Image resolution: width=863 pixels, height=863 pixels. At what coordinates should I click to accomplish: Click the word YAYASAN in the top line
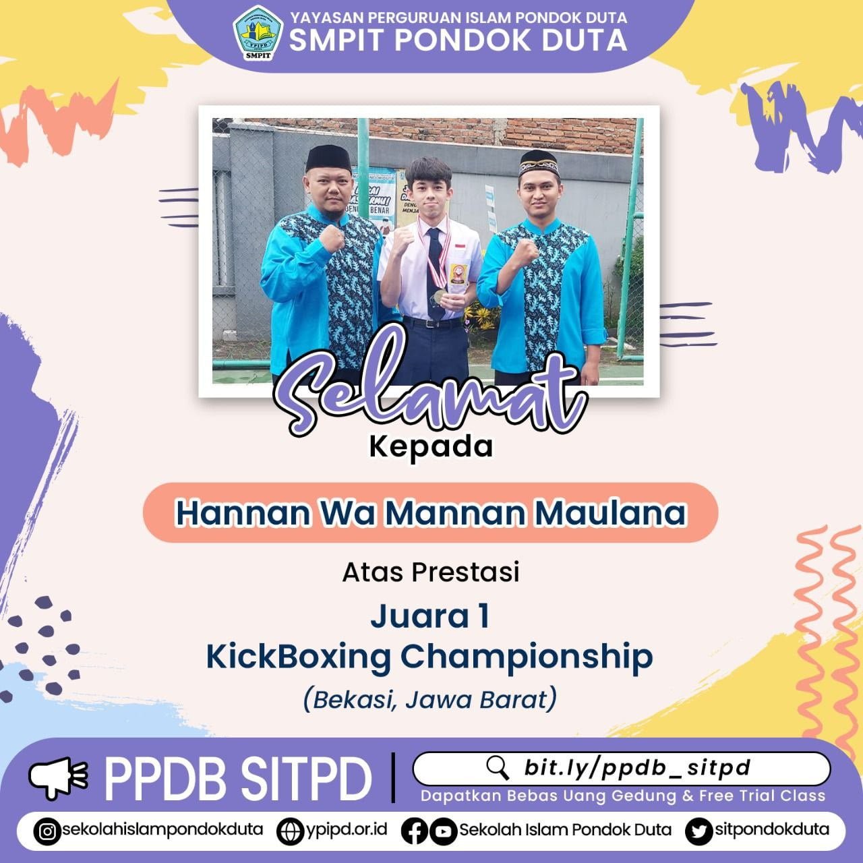click(x=321, y=18)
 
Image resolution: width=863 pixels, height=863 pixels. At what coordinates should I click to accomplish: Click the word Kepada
click(x=431, y=446)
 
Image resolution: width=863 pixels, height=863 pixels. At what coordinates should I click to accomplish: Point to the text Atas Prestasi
click(x=431, y=572)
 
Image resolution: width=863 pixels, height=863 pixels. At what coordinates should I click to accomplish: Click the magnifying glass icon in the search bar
click(x=498, y=768)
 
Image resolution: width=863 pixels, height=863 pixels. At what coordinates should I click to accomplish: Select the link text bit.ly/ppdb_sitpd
click(x=637, y=768)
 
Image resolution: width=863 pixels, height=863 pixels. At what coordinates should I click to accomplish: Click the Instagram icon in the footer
click(x=47, y=831)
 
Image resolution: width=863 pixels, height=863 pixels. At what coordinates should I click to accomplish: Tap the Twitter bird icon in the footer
click(x=698, y=831)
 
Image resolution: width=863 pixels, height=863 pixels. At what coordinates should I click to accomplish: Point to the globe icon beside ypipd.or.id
click(x=291, y=831)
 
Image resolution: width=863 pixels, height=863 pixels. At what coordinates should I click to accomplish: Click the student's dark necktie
click(x=435, y=270)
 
